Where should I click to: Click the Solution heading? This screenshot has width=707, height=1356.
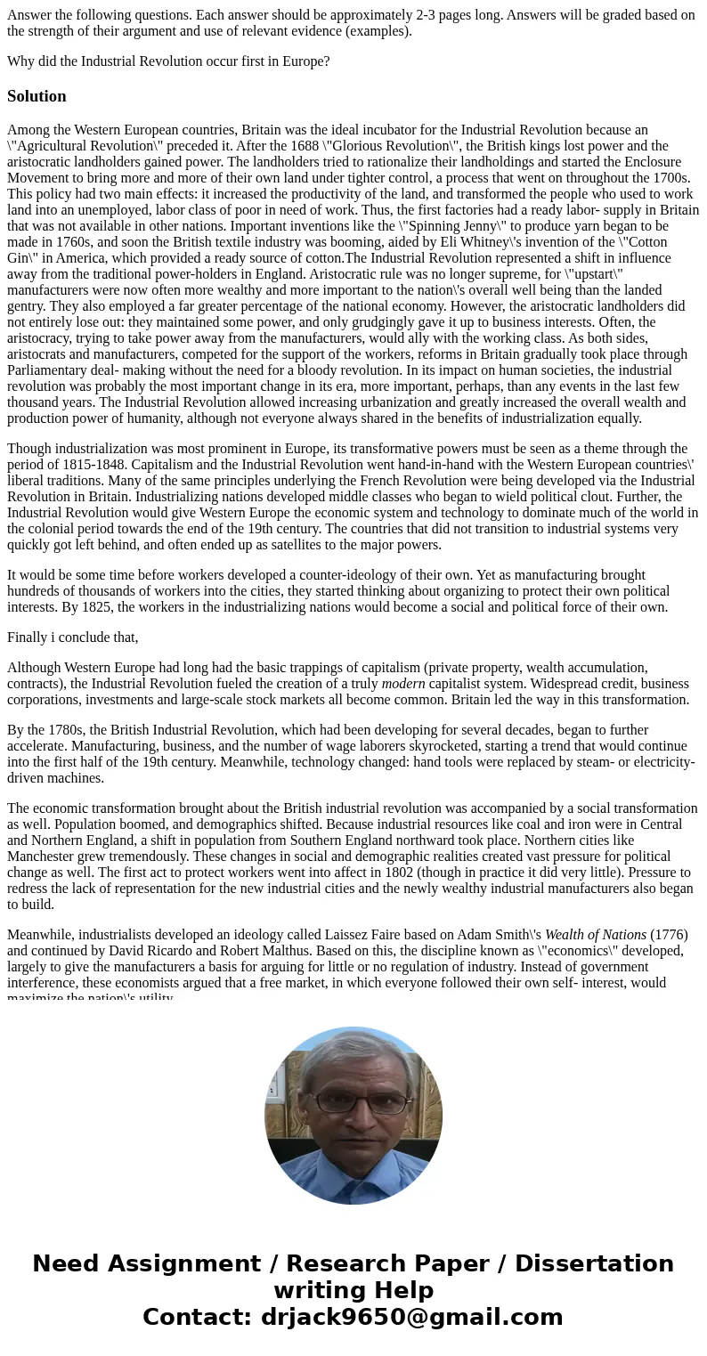(x=37, y=96)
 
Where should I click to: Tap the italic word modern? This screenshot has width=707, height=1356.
(x=402, y=684)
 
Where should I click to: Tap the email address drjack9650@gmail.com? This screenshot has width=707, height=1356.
(x=411, y=1318)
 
